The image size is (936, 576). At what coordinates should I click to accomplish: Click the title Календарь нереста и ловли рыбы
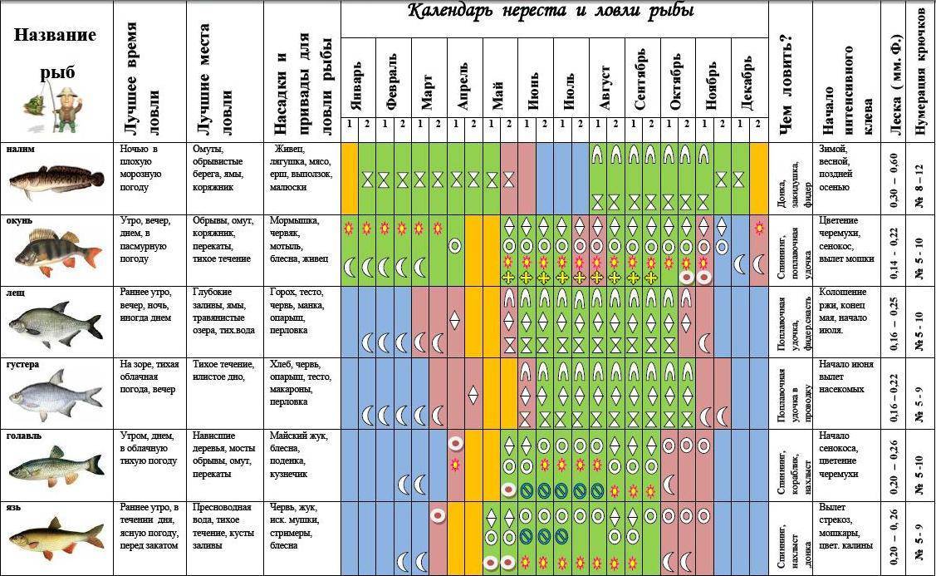pyautogui.click(x=552, y=12)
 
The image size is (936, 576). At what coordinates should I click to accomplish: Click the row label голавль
pyautogui.click(x=26, y=436)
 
